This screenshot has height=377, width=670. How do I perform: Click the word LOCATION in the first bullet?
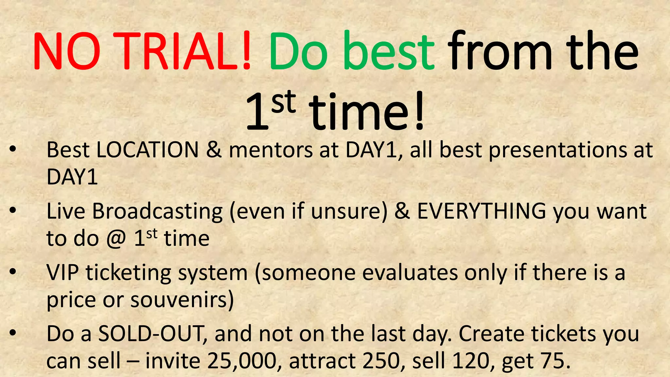147,150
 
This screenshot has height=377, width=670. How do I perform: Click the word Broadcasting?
157,211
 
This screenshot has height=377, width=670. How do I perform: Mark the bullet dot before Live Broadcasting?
12,211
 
